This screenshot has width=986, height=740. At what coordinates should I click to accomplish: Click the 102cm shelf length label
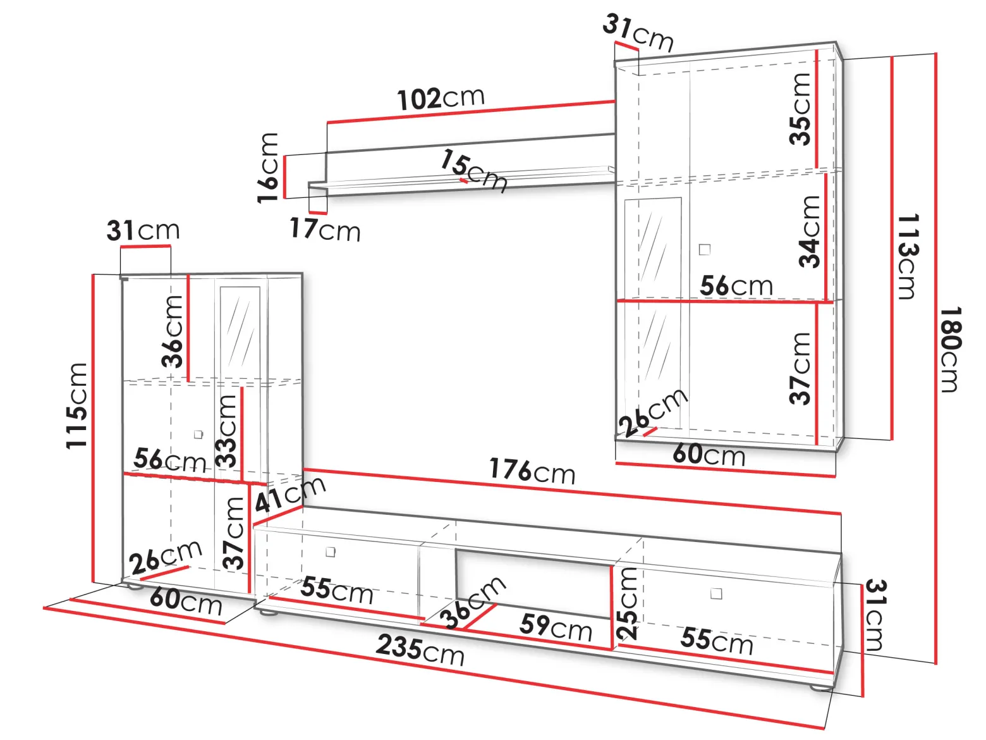(441, 98)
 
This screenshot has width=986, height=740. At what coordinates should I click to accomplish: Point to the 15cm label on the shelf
(473, 171)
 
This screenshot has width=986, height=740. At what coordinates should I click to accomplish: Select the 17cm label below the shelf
(325, 229)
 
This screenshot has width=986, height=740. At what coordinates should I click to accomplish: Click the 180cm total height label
(951, 349)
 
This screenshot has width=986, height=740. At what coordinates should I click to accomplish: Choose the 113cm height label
(908, 256)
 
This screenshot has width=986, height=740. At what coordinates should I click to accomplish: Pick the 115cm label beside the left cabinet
(76, 405)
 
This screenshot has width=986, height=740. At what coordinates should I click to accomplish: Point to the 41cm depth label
(290, 494)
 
